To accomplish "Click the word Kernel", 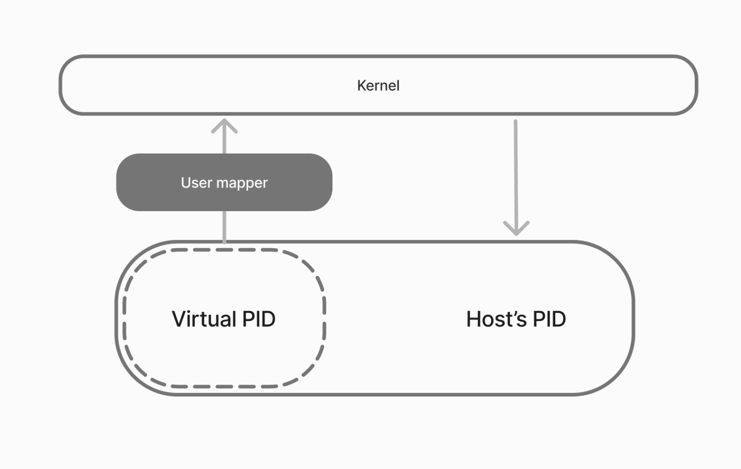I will (x=378, y=86).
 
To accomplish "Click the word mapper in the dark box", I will (x=242, y=184).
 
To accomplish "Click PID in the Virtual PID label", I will (x=259, y=319).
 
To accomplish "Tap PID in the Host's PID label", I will (x=549, y=319).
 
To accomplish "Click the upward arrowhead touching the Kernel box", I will (x=224, y=126).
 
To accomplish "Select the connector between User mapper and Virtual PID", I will (x=224, y=227).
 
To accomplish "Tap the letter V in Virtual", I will (x=179, y=319).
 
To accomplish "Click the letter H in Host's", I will (x=474, y=319).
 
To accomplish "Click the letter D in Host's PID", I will (x=558, y=319).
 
